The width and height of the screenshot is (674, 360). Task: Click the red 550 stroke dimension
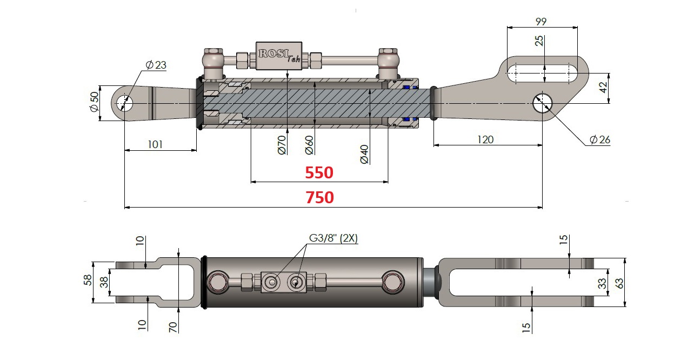point(319,173)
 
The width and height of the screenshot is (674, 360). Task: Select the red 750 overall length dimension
point(320,198)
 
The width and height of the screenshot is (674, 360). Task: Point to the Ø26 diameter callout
point(599,139)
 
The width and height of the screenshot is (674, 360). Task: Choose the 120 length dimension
point(485,139)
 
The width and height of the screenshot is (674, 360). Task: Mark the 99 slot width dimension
point(541,22)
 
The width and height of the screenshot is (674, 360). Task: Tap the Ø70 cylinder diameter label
point(282,145)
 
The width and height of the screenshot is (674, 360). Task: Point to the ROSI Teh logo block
point(279,55)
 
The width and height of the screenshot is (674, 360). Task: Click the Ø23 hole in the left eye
point(125,102)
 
